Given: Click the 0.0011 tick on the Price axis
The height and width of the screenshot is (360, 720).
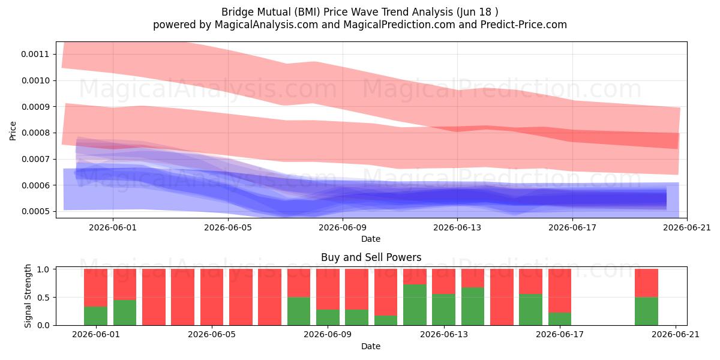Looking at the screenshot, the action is [x=35, y=54].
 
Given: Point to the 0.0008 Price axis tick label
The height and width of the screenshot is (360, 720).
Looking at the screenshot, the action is [x=35, y=133].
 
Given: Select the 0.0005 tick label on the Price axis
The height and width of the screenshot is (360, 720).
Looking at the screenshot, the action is [x=35, y=211].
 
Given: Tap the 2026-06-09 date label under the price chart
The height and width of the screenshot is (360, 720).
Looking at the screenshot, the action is [x=343, y=227].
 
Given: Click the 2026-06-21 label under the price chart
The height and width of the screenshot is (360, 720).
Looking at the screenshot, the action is [x=687, y=227].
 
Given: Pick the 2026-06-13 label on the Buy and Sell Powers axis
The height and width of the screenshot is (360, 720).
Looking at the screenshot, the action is [x=444, y=335].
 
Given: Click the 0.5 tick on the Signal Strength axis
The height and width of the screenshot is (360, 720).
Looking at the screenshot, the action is [x=43, y=298].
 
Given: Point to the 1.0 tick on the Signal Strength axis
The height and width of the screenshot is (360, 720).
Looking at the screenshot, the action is [x=43, y=269].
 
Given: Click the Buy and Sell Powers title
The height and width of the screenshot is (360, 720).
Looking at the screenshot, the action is [x=371, y=257].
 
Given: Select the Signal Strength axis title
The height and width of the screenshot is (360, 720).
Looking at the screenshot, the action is [x=28, y=296].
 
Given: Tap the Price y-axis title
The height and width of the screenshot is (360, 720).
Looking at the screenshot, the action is [x=13, y=131].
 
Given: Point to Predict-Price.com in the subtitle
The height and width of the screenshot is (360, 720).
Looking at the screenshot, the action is [x=524, y=25].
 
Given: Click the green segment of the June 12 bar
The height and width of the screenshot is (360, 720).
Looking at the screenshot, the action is [x=415, y=305].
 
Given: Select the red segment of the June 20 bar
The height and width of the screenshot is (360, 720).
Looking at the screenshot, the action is [x=646, y=283].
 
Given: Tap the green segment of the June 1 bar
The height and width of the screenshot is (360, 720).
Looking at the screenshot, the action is [x=95, y=316].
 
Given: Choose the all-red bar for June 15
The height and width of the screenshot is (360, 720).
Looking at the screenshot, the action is [x=502, y=297].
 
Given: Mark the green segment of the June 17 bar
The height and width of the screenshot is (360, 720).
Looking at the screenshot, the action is [x=560, y=319].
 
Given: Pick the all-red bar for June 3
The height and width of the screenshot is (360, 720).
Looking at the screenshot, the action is [x=154, y=297].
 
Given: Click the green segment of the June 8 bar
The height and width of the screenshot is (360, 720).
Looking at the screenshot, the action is [x=299, y=311].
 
